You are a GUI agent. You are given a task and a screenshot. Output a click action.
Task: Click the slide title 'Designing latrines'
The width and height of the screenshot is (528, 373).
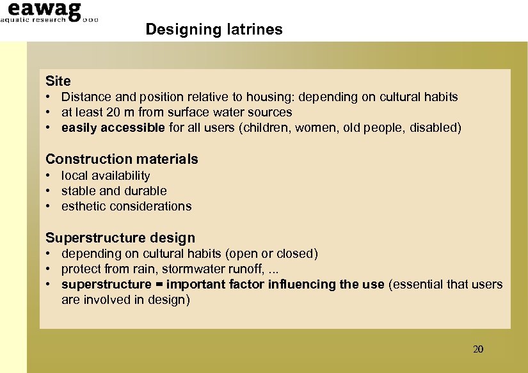(x=214, y=29)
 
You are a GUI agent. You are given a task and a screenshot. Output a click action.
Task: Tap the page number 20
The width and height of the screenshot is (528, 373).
(x=477, y=349)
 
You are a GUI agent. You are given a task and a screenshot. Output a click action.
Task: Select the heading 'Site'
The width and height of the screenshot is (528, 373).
(x=58, y=81)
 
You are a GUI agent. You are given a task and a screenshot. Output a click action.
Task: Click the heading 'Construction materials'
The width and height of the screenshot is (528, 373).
(x=122, y=159)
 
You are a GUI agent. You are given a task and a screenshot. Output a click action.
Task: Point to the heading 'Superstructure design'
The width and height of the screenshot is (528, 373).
(x=120, y=238)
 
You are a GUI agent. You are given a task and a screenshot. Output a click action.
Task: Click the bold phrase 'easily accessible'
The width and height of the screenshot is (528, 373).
(x=113, y=128)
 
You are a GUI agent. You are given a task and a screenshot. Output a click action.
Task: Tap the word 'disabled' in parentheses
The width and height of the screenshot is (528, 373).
(x=433, y=128)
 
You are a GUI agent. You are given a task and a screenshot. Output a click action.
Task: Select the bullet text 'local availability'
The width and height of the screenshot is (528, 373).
(x=106, y=176)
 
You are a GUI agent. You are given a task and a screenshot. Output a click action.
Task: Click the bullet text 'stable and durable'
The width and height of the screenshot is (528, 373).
(x=114, y=191)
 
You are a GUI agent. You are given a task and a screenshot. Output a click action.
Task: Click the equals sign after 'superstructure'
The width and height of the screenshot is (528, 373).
(x=159, y=285)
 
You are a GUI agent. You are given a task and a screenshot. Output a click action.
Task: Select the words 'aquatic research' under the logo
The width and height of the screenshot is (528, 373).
(x=33, y=20)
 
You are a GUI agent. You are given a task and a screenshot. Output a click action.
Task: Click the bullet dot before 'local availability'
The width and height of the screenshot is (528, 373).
(x=49, y=176)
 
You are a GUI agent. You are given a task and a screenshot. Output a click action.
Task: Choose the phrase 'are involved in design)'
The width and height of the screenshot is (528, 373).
(x=125, y=300)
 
